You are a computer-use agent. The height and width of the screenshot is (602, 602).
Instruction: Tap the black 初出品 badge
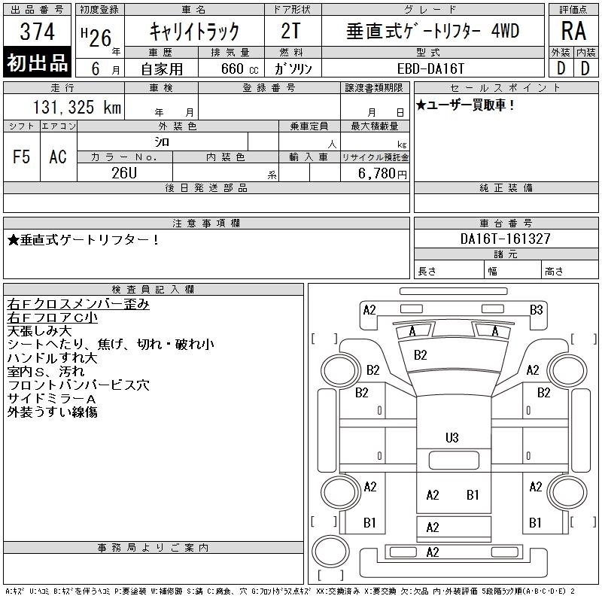38,62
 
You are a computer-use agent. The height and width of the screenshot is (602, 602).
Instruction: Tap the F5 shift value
22,157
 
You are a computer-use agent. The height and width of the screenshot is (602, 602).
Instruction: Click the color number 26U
124,172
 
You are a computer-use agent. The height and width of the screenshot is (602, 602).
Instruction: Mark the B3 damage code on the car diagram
536,309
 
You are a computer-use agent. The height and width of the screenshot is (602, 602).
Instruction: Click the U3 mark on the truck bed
451,437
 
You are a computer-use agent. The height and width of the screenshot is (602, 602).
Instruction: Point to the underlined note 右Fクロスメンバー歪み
78,304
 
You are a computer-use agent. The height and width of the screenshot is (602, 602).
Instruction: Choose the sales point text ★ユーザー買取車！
465,105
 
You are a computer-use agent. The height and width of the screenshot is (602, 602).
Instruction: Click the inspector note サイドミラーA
52,399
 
